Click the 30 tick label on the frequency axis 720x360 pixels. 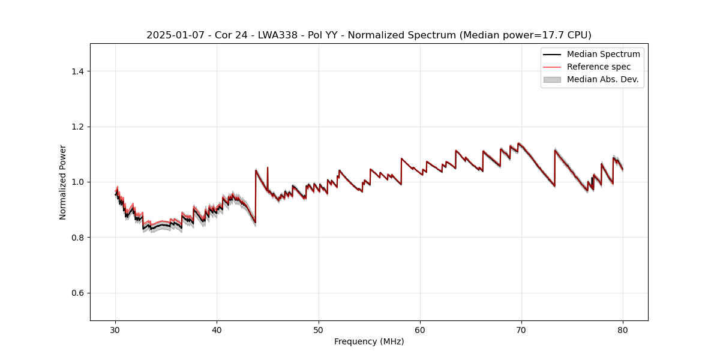pyautogui.click(x=116, y=329)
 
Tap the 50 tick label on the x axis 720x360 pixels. pyautogui.click(x=319, y=329)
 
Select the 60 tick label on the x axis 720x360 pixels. pyautogui.click(x=420, y=329)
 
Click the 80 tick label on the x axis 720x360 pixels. pyautogui.click(x=623, y=329)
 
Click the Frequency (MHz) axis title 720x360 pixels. pyautogui.click(x=369, y=341)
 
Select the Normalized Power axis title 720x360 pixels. pyautogui.click(x=63, y=182)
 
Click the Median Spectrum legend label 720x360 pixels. pyautogui.click(x=603, y=54)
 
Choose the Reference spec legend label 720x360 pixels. pyautogui.click(x=598, y=67)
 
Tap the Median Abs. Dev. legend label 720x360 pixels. pyautogui.click(x=602, y=79)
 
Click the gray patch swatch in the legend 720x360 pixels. pyautogui.click(x=552, y=79)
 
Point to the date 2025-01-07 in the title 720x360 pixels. pyautogui.click(x=170, y=35)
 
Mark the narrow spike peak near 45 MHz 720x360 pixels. pyautogui.click(x=268, y=167)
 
